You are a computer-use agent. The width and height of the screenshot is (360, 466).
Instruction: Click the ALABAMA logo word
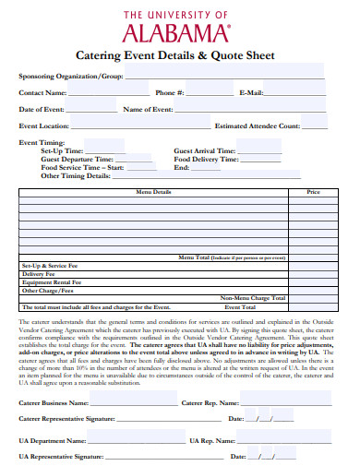pyautogui.click(x=180, y=33)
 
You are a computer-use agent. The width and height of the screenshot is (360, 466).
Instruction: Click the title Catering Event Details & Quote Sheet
pyautogui.click(x=180, y=55)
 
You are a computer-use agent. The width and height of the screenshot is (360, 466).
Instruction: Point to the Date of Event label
pyautogui.click(x=42, y=109)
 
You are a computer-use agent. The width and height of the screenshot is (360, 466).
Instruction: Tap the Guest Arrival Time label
pyautogui.click(x=204, y=150)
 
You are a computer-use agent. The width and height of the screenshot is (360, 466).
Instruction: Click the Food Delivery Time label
pyautogui.click(x=205, y=159)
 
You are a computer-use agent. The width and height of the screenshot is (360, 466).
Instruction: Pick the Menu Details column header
pyautogui.click(x=153, y=192)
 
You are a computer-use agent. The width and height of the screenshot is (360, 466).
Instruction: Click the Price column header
pyautogui.click(x=313, y=192)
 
